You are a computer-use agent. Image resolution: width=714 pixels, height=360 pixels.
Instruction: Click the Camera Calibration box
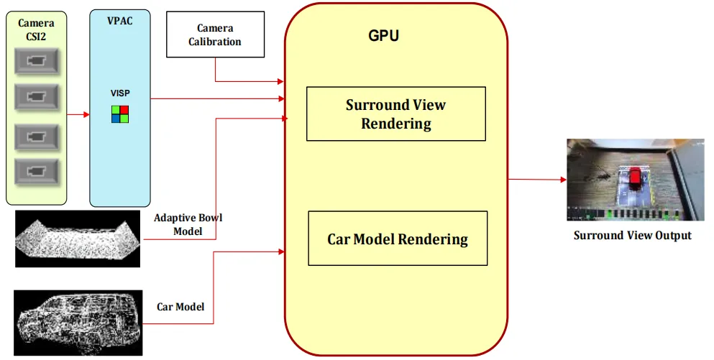214,35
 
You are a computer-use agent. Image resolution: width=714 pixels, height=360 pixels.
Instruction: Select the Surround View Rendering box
395,114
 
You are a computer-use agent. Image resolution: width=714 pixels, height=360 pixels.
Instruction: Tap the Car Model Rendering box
398,239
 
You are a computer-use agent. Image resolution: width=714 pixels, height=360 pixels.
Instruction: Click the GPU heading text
383,35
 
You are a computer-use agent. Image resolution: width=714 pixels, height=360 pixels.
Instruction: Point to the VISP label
120,93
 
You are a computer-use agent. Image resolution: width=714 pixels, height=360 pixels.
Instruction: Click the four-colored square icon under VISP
120,114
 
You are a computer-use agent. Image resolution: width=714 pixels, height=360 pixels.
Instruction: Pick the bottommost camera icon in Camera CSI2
36,170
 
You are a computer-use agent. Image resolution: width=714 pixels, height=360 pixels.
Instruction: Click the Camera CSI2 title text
36,29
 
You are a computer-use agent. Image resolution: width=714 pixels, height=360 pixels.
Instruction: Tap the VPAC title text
120,22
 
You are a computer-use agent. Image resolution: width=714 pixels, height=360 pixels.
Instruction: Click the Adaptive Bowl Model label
188,224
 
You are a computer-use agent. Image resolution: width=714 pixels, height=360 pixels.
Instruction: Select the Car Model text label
180,307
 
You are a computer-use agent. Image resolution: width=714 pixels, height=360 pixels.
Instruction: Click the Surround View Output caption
632,235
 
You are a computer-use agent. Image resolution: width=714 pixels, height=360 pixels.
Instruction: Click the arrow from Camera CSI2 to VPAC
78,114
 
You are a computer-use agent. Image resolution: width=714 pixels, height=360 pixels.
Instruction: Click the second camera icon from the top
36,95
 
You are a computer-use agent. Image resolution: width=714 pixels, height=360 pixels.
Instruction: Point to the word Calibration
215,42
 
